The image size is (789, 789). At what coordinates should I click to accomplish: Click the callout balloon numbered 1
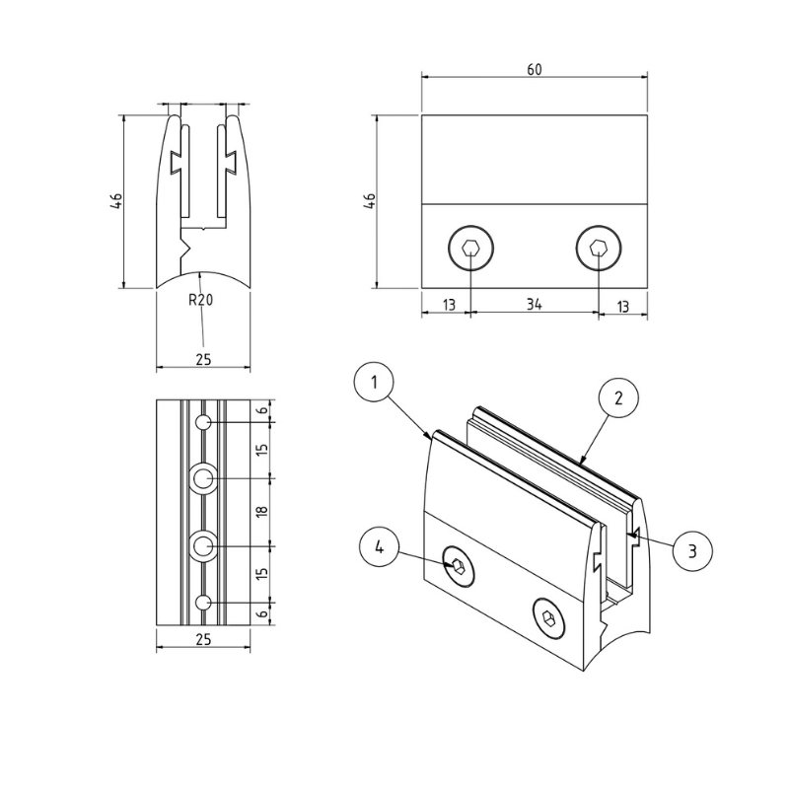(x=374, y=383)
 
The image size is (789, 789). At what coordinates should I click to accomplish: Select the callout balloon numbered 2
(x=618, y=397)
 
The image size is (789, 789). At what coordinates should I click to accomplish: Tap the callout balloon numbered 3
(x=692, y=550)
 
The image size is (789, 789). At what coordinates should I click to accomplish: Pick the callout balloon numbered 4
(x=380, y=547)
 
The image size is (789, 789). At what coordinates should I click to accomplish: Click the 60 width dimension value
(x=535, y=69)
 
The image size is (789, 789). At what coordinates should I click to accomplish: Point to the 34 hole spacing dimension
(x=535, y=304)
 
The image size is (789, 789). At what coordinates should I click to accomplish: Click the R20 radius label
(x=201, y=300)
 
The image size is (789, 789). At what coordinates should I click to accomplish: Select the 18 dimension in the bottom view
(x=261, y=512)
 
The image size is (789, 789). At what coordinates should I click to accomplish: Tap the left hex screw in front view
(x=471, y=248)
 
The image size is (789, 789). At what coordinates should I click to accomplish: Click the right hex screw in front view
(x=599, y=248)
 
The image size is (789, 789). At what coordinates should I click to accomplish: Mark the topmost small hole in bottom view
(x=203, y=422)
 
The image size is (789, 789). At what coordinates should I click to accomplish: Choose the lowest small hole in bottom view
(x=203, y=603)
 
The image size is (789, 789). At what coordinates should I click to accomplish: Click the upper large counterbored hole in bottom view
(x=203, y=478)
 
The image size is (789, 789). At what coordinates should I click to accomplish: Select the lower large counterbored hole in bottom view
(x=203, y=546)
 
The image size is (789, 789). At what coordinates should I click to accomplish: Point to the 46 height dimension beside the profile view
(x=116, y=201)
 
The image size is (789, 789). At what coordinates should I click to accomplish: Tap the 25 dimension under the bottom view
(x=203, y=639)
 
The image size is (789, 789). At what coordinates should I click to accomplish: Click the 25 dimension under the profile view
(x=203, y=359)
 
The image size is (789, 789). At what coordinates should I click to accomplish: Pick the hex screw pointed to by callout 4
(x=459, y=566)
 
